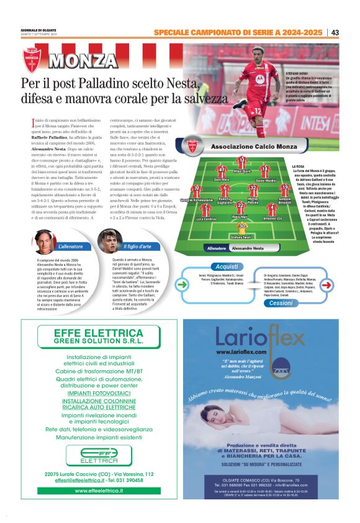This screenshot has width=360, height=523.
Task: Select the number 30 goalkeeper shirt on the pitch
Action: [242, 225]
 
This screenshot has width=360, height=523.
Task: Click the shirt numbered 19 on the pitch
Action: [285, 188]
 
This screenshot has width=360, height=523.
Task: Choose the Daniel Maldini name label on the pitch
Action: [266, 180]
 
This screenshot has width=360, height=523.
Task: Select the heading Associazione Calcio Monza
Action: [246, 146]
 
